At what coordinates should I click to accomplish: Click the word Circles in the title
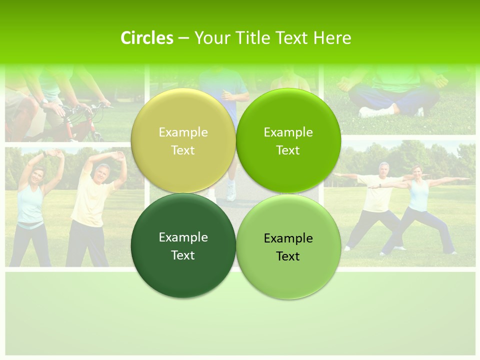(146, 38)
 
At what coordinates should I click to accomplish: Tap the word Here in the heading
(332, 38)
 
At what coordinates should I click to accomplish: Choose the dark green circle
(183, 245)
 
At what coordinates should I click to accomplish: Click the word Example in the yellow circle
(183, 132)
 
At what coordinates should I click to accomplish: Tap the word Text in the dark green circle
(183, 255)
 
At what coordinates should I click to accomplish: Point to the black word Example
(288, 238)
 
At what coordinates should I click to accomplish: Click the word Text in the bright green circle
(288, 150)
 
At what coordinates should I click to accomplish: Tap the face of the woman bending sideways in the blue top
(37, 176)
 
